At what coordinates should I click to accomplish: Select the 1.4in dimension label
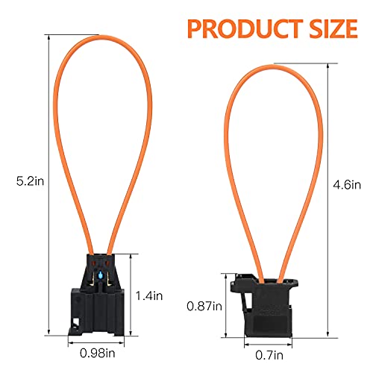[150, 295]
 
